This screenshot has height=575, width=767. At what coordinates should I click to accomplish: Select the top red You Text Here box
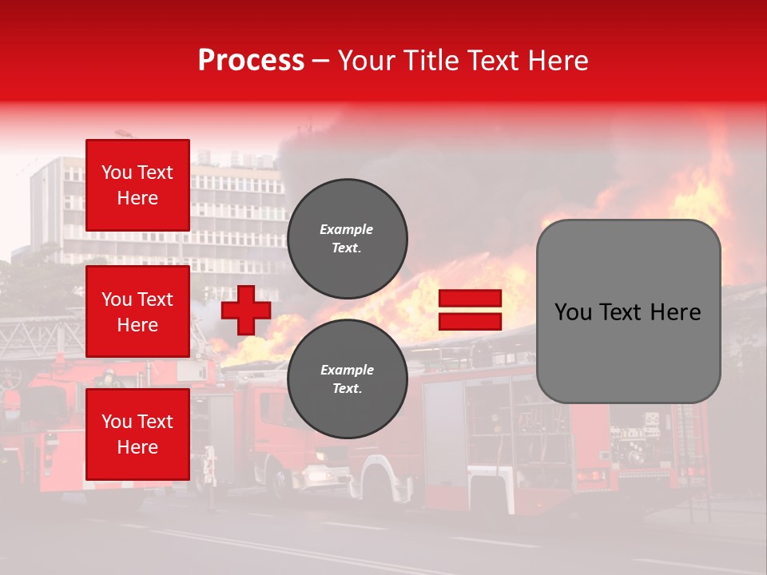pos(137,185)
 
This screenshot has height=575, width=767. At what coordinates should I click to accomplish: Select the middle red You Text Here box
pos(137,311)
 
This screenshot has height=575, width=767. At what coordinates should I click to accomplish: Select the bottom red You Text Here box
pos(137,434)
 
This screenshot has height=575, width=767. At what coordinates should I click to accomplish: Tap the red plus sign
pos(246,310)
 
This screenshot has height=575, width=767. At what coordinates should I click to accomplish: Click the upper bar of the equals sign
pos(470,299)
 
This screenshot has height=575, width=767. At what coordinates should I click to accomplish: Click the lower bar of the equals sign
pos(470,322)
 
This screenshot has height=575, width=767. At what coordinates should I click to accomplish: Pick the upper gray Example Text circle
pos(347,239)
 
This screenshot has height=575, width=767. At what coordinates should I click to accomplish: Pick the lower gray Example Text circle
pos(347,379)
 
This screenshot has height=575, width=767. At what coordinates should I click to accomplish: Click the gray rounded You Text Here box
pos(628,311)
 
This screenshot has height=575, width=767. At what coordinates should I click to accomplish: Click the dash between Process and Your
pos(321,61)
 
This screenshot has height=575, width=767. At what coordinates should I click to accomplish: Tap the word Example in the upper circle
pos(347,229)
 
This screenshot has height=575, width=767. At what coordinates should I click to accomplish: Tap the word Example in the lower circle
pos(347,370)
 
